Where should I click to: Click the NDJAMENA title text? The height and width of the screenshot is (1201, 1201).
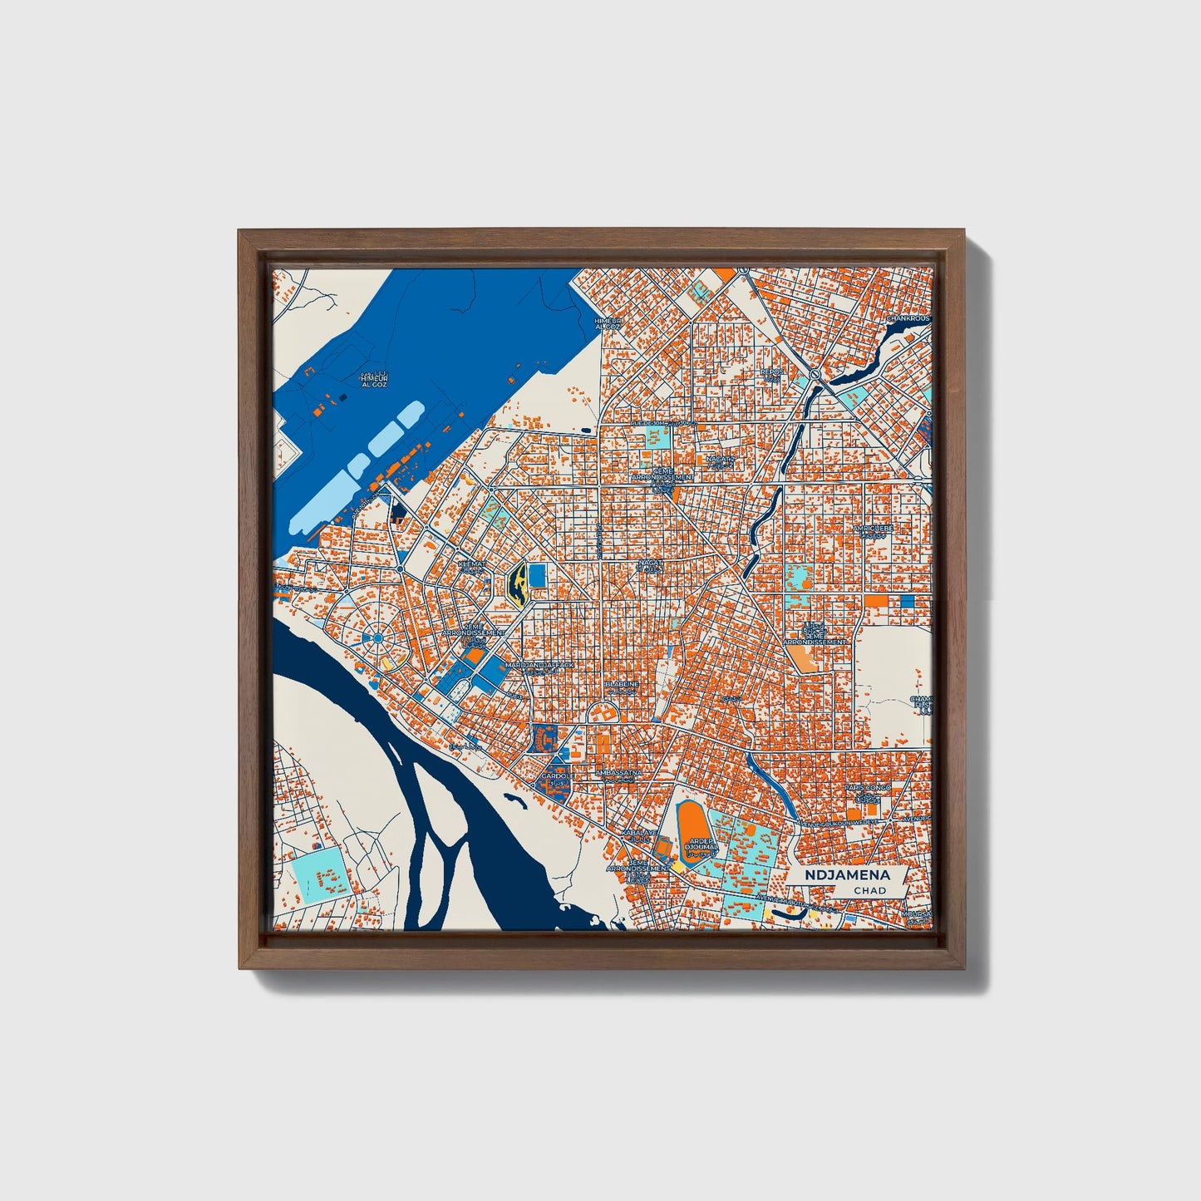[x=847, y=875]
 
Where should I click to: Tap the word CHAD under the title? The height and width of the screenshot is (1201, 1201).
[x=869, y=890]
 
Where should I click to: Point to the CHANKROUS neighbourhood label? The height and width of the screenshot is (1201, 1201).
[x=908, y=318]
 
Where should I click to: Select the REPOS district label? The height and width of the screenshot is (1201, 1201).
[x=772, y=372]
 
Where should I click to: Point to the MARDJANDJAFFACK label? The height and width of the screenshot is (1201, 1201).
[x=540, y=666]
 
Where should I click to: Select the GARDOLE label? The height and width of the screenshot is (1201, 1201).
[x=554, y=776]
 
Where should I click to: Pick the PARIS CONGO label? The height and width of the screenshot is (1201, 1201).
[x=868, y=787]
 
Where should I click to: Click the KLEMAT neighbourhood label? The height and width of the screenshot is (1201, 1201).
[x=470, y=563]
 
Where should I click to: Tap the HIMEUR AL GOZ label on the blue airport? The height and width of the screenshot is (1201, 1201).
[x=373, y=381]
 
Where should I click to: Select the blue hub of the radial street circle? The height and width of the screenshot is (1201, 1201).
[x=377, y=637]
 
